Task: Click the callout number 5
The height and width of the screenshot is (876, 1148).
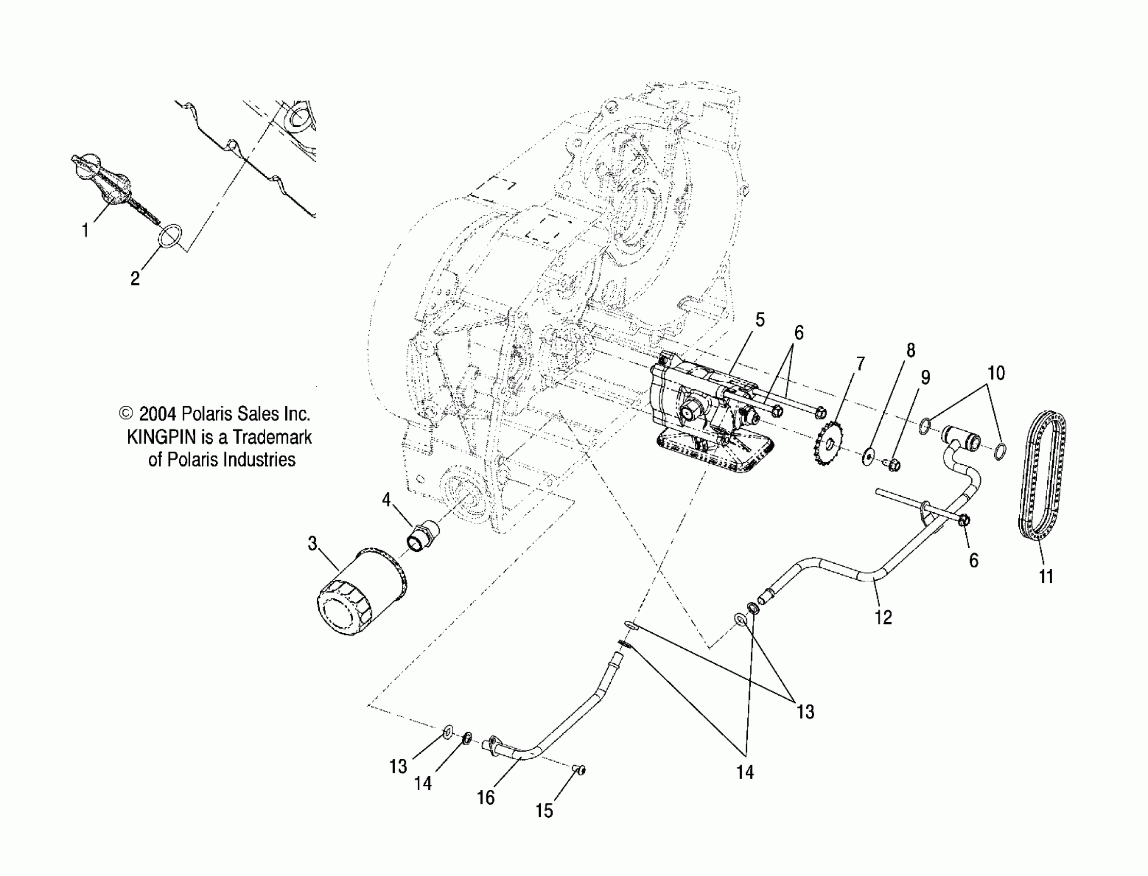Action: (x=760, y=319)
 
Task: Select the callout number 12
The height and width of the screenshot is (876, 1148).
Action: (x=883, y=617)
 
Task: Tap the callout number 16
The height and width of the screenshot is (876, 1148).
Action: (x=486, y=797)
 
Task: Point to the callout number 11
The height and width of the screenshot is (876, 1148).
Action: (x=1046, y=577)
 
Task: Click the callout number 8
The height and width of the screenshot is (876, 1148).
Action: (x=911, y=350)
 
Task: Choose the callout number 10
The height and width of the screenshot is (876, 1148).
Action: (x=996, y=374)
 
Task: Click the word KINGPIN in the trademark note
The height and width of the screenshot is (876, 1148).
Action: (x=161, y=437)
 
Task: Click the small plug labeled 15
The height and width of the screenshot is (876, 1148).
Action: (x=580, y=769)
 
